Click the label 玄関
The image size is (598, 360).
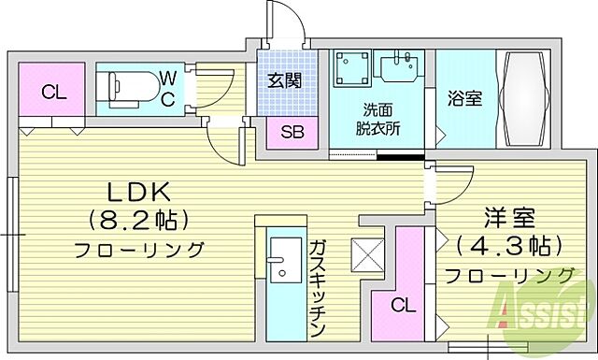285,80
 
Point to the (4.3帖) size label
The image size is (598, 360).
509,245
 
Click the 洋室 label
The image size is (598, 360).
509,217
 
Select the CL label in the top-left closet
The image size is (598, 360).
53,92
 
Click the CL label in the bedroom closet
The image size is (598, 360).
403,305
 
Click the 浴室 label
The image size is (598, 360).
464,97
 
